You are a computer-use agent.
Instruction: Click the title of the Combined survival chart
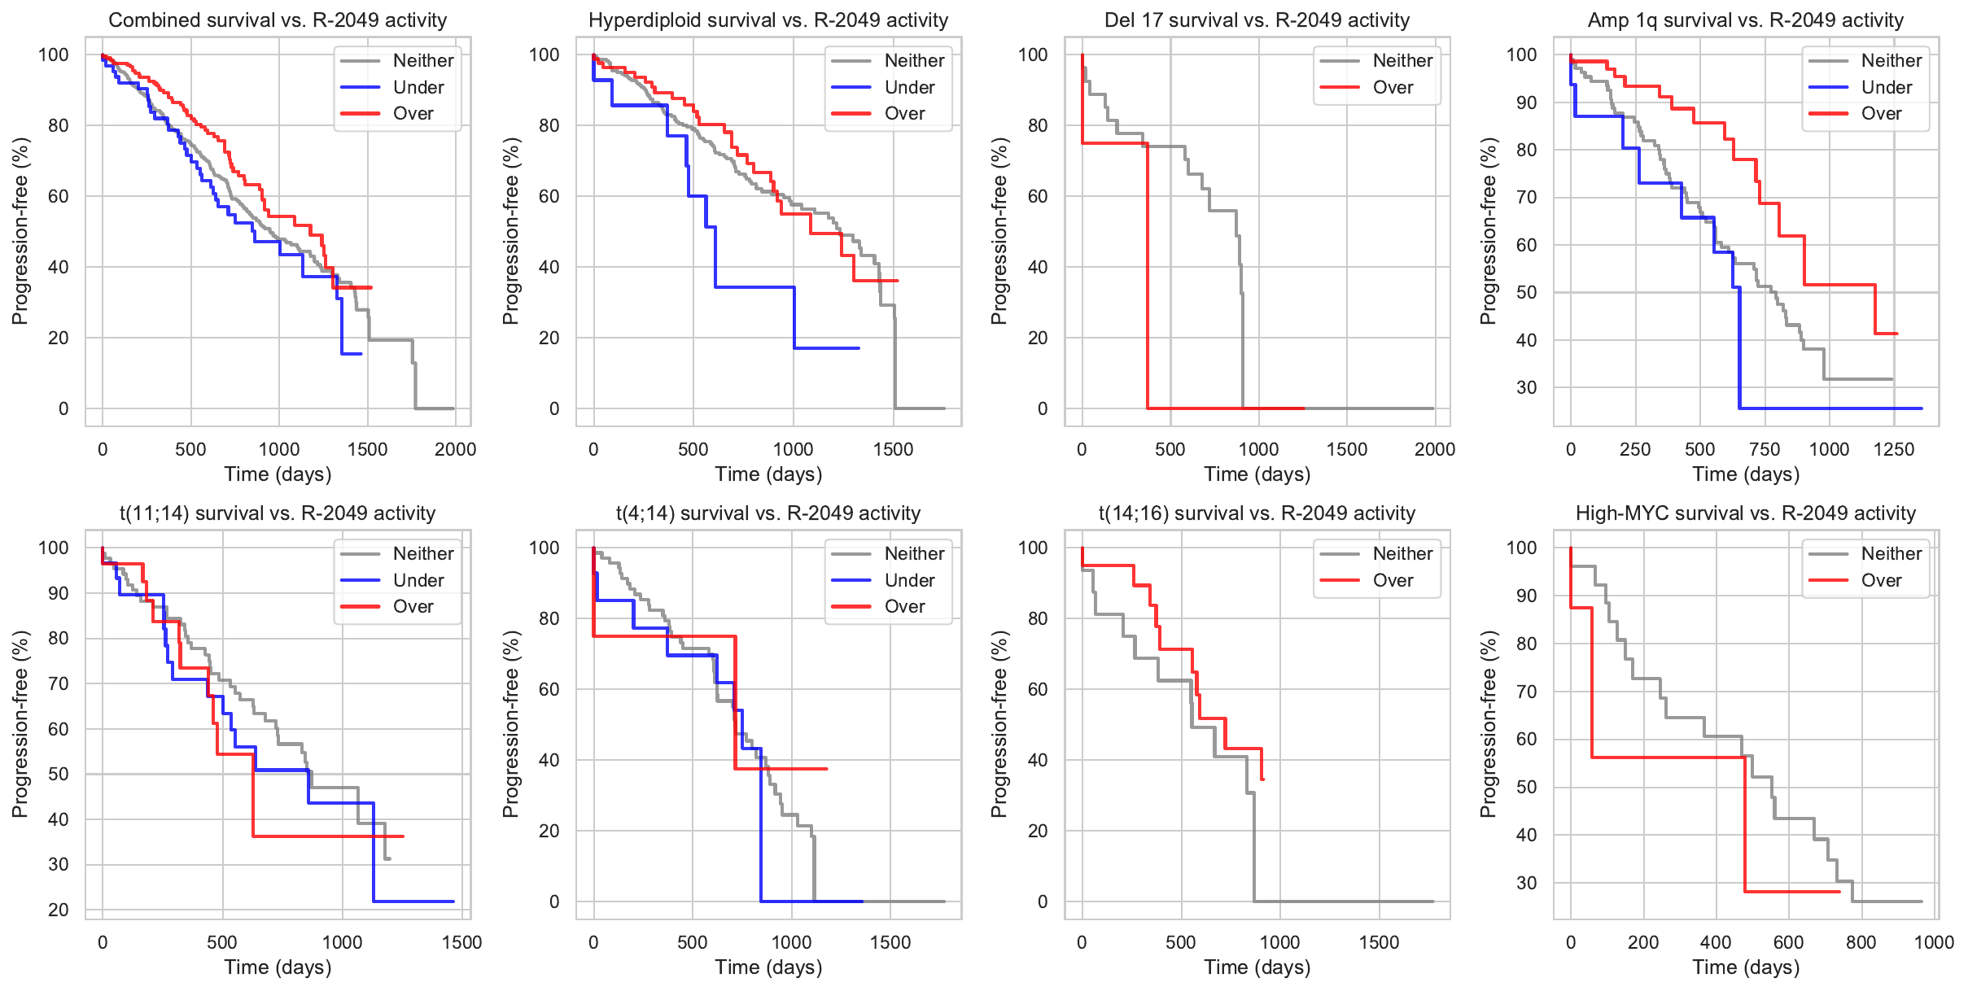[278, 20]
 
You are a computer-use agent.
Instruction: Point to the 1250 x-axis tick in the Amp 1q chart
[1894, 449]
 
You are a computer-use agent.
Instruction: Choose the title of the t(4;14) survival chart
[768, 513]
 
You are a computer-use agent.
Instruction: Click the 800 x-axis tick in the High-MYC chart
[1861, 942]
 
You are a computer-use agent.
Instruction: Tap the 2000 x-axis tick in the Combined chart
[455, 449]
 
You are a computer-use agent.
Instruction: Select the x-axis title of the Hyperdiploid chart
[768, 474]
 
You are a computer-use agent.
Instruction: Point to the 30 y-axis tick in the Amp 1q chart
[1526, 387]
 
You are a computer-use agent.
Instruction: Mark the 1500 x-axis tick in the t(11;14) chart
[461, 942]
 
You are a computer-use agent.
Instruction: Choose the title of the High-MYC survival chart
[1746, 513]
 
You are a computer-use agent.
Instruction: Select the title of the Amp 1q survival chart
[1746, 20]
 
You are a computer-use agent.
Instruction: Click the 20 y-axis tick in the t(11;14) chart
[59, 910]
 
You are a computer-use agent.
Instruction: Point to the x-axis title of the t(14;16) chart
[1257, 967]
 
